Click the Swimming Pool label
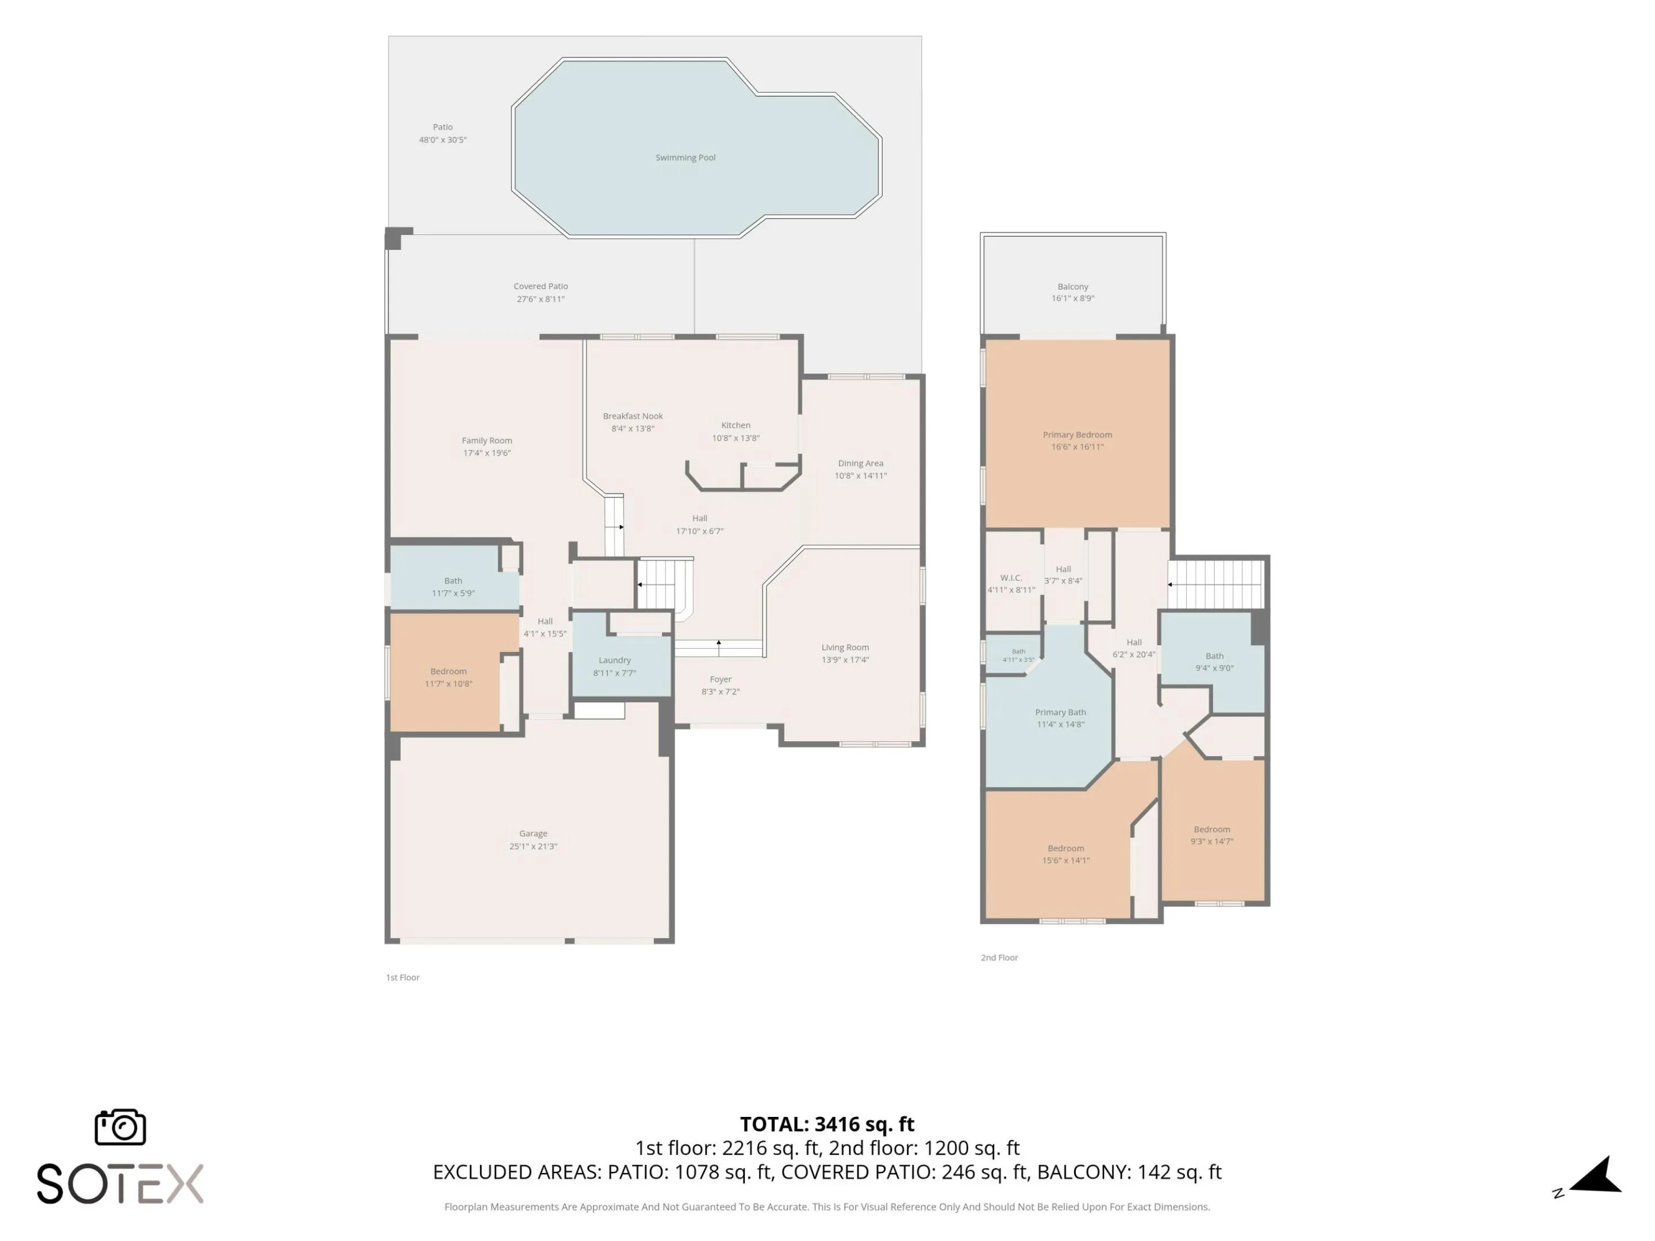[686, 158]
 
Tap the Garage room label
[533, 833]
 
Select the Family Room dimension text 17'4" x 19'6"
[487, 453]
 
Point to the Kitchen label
[736, 426]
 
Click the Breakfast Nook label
[633, 417]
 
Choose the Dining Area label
[860, 464]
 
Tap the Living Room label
[845, 648]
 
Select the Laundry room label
[615, 661]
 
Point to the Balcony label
[1073, 287]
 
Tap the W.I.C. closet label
[1011, 578]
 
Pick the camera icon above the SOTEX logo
[121, 1127]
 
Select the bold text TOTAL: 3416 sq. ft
[827, 1124]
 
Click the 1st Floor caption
[402, 978]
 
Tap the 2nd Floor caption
[999, 958]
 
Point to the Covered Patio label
[541, 287]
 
